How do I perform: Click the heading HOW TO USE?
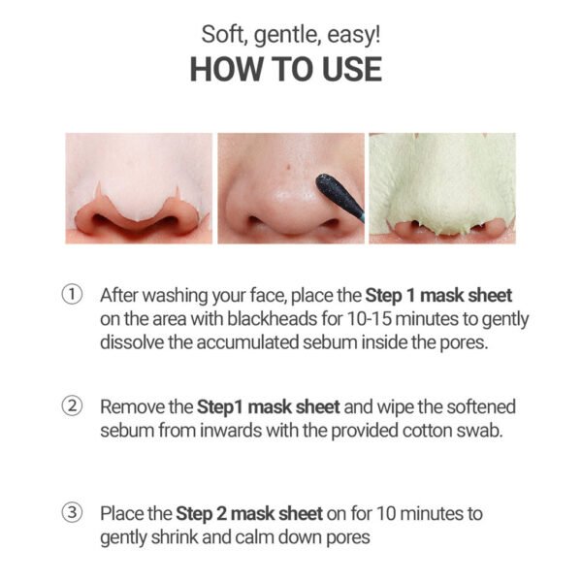[x=285, y=70]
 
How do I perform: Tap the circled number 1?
[x=72, y=295]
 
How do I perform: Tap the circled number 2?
[x=72, y=404]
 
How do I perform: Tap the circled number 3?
[x=72, y=512]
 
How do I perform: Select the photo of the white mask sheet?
[x=138, y=187]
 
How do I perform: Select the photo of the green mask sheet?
[x=441, y=187]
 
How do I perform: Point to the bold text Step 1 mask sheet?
[x=438, y=295]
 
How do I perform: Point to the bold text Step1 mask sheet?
[x=252, y=404]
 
